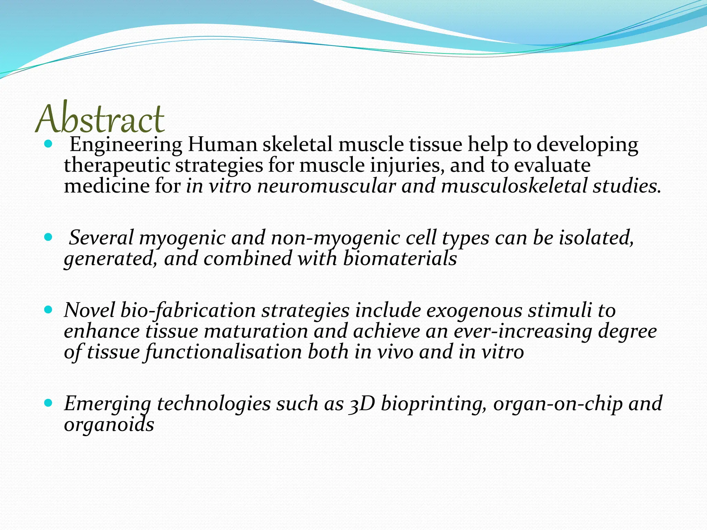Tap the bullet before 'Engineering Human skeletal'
[x=48, y=143]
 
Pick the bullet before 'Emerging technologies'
[x=48, y=402]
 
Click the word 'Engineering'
[x=126, y=145]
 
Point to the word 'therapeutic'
[x=117, y=165]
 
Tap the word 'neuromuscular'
[x=326, y=186]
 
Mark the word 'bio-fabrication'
[x=188, y=311]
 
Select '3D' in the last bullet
[x=362, y=404]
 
